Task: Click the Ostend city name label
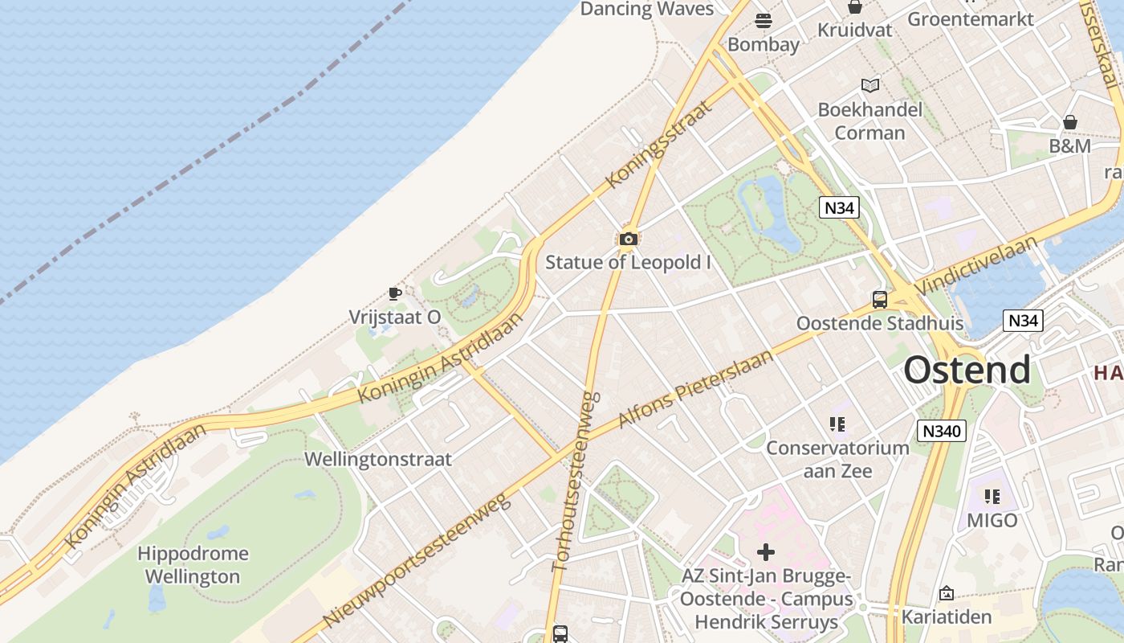(967, 370)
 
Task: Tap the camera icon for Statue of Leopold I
(628, 239)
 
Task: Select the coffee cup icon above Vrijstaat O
(394, 293)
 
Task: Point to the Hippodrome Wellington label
(193, 565)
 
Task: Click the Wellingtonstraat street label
(378, 460)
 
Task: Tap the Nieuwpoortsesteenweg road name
(417, 561)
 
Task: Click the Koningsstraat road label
(660, 144)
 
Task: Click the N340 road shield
(942, 431)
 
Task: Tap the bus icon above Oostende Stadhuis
(880, 300)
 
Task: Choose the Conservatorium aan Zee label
(837, 459)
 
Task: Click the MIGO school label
(992, 520)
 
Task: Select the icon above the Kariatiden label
(947, 593)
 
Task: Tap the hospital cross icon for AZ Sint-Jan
(766, 552)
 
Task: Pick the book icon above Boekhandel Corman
(869, 85)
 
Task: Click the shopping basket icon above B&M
(1069, 122)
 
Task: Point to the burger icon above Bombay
(763, 20)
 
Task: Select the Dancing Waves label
(646, 9)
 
